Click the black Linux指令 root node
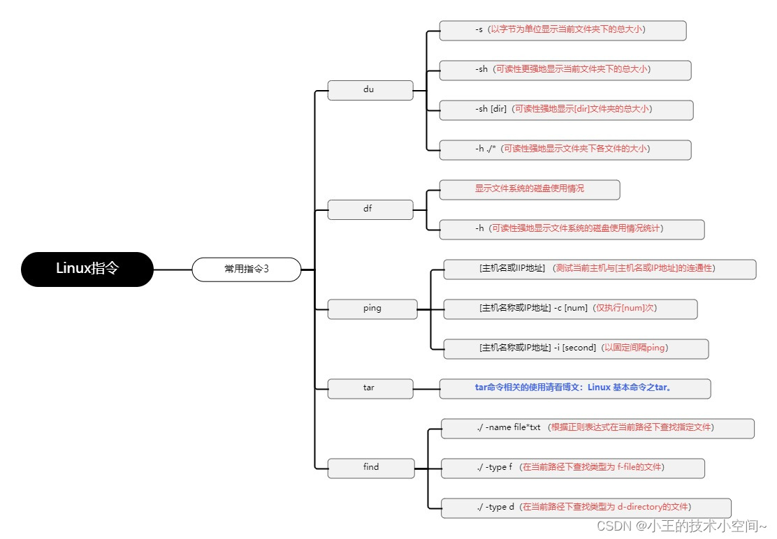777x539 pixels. (x=87, y=269)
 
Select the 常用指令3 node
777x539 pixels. (x=246, y=269)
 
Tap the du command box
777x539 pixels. (x=370, y=90)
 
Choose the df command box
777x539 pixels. (x=370, y=209)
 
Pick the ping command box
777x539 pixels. (x=372, y=309)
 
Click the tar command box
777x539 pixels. (x=370, y=388)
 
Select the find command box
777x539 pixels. (x=371, y=468)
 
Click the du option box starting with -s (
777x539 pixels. (x=562, y=30)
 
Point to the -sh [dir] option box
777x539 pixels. (x=566, y=110)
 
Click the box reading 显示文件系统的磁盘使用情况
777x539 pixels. (x=529, y=189)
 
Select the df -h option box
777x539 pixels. (x=571, y=229)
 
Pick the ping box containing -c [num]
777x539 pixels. (x=570, y=309)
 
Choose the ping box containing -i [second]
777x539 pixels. (x=576, y=348)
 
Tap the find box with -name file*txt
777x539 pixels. (x=597, y=428)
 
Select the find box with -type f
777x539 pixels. (x=572, y=468)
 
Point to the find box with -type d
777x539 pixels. (x=586, y=508)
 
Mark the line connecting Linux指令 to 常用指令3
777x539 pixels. (x=173, y=269)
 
